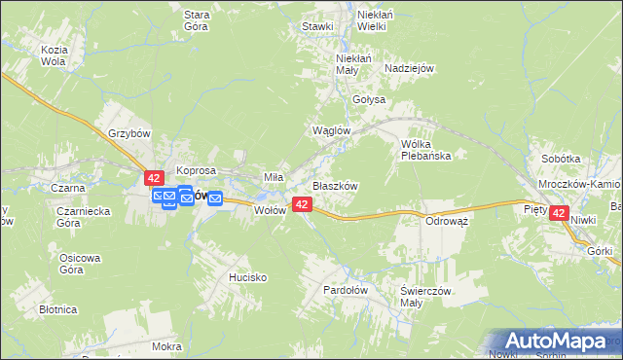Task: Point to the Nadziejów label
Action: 409,68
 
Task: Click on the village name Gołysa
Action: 370,100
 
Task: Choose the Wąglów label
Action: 329,130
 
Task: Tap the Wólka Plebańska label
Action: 425,149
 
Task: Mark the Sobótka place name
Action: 561,159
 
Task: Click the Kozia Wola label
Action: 53,54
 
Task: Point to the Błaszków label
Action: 335,186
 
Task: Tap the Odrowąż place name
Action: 448,221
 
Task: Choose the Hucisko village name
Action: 247,277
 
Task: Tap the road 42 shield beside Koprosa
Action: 154,178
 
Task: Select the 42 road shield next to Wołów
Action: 302,204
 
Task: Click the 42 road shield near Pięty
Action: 558,213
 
